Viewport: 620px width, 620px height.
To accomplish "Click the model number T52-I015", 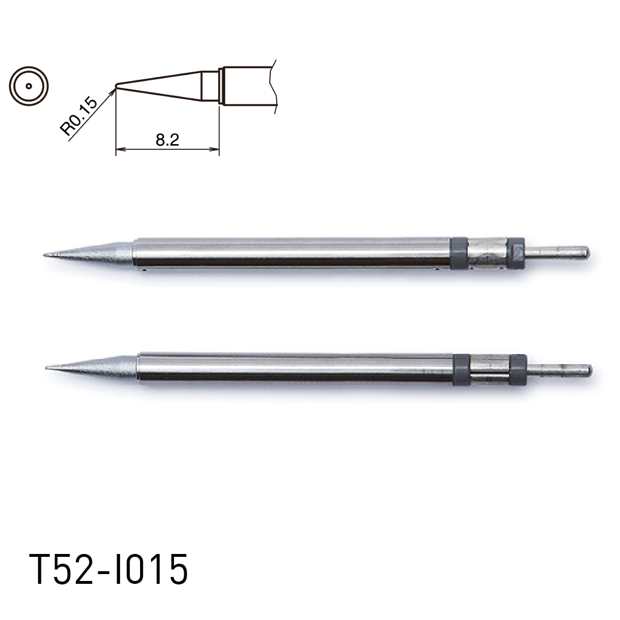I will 108,569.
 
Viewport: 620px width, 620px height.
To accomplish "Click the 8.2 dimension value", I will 167,139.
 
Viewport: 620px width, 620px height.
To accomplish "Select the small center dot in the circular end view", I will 29,86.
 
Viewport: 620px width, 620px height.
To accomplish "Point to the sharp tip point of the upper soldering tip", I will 44,255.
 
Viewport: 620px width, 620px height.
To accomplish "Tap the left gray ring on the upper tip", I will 459,253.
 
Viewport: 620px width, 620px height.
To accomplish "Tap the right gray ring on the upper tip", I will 517,253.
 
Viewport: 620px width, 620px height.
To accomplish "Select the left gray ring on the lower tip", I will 461,369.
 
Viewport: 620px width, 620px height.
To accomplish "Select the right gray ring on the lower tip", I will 518,369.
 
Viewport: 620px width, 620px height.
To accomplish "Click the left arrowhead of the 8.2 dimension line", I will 119,150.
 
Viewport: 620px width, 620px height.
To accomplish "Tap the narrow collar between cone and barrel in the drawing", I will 221,86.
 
